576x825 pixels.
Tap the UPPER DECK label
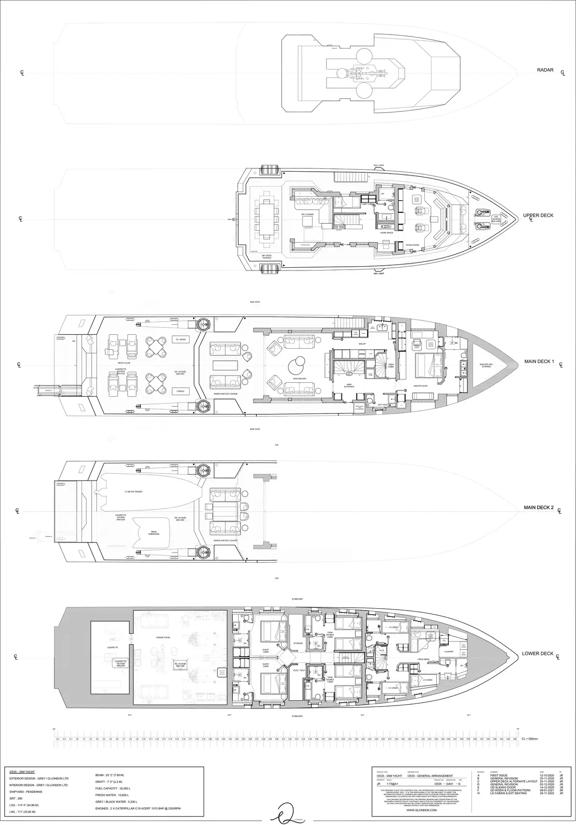(538, 215)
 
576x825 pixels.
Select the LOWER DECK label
(538, 653)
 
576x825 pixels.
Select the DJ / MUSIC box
(181, 339)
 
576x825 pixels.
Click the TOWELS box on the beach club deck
(181, 391)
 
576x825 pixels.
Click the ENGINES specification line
(138, 809)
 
